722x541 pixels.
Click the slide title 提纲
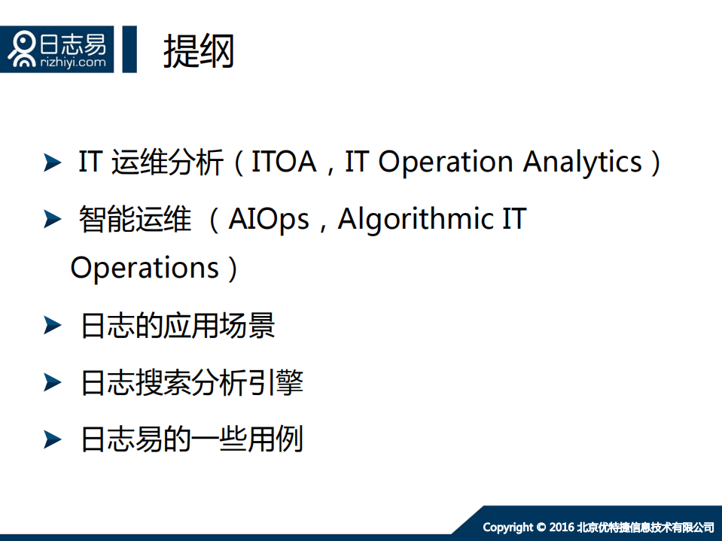pos(199,51)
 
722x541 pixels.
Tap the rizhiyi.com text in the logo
pos(73,62)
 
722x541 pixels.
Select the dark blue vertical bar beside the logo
pos(129,49)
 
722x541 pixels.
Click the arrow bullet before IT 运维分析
pos(52,163)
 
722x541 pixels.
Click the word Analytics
pos(583,163)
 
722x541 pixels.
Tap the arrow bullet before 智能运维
pos(52,220)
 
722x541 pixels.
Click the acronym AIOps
pos(269,220)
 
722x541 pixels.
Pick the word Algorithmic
pos(414,220)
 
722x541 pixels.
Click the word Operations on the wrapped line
pos(145,268)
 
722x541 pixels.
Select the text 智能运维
pos(136,220)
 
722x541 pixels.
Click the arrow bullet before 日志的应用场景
pos(52,326)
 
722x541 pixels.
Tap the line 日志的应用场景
pos(178,326)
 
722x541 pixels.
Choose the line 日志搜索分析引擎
pos(192,383)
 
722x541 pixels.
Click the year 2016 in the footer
pos(562,527)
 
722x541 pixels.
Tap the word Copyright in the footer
pos(508,527)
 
